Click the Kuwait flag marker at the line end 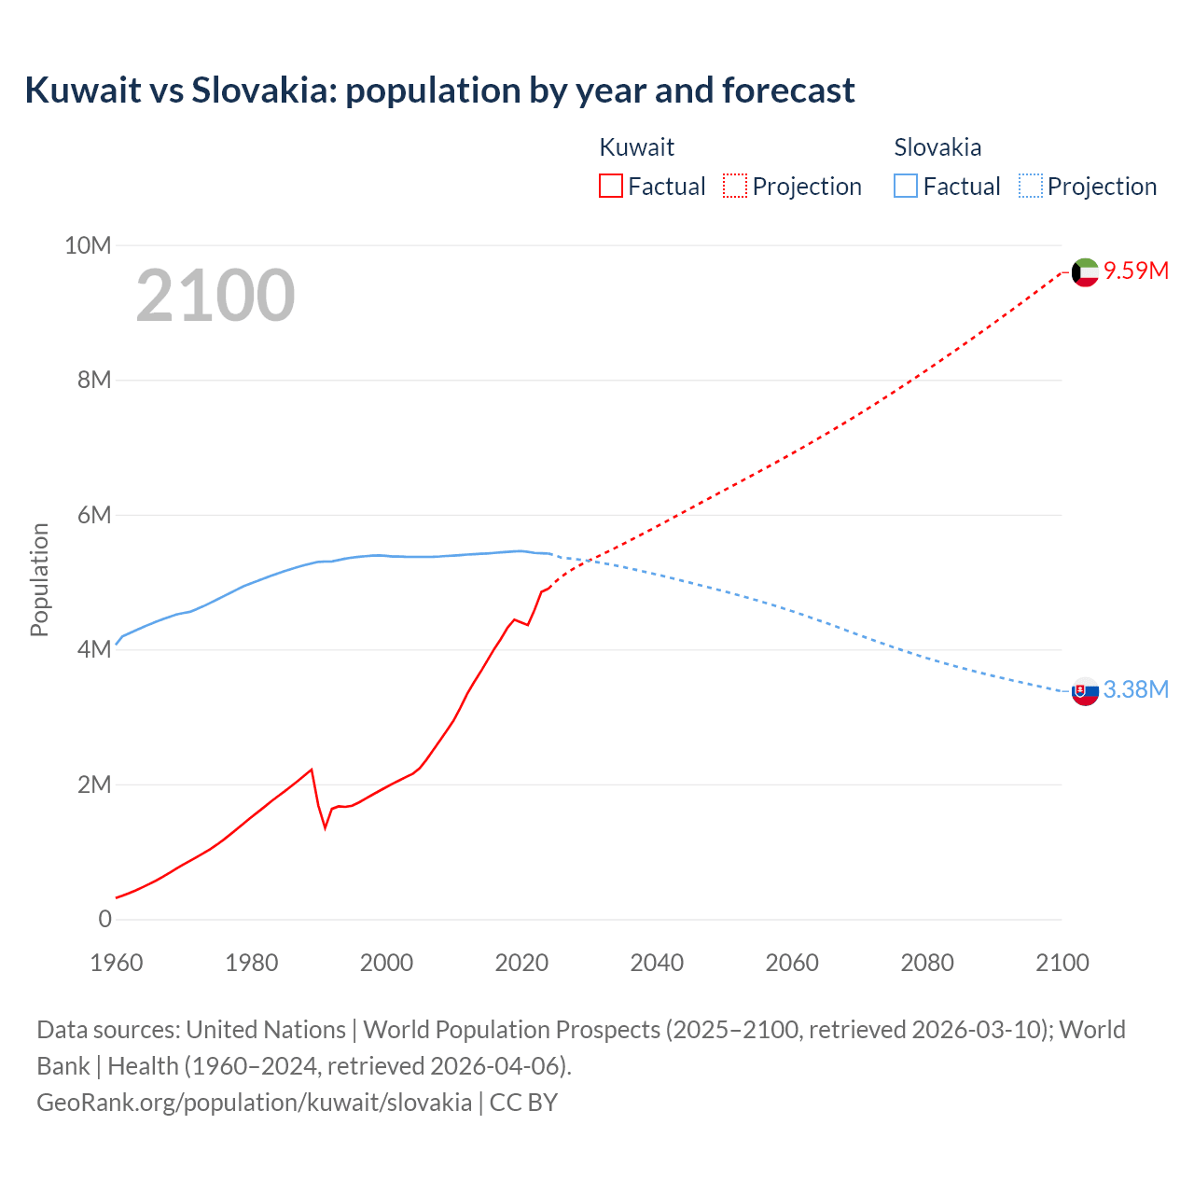click(1085, 272)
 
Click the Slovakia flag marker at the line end click(1085, 691)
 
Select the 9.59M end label click(1136, 271)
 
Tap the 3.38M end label click(1136, 689)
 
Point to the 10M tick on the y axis click(88, 245)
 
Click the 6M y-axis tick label click(94, 515)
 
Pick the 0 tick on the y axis click(104, 919)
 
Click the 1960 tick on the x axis click(117, 963)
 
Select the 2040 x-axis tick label click(657, 963)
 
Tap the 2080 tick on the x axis click(927, 963)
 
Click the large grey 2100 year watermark click(215, 296)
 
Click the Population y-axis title click(39, 579)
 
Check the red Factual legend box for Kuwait click(611, 186)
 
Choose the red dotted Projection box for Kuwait click(735, 186)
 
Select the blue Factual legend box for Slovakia click(906, 186)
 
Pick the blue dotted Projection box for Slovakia click(1030, 186)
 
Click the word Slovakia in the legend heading click(937, 147)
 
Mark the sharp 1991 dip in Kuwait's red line click(326, 826)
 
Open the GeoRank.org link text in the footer click(254, 1103)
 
